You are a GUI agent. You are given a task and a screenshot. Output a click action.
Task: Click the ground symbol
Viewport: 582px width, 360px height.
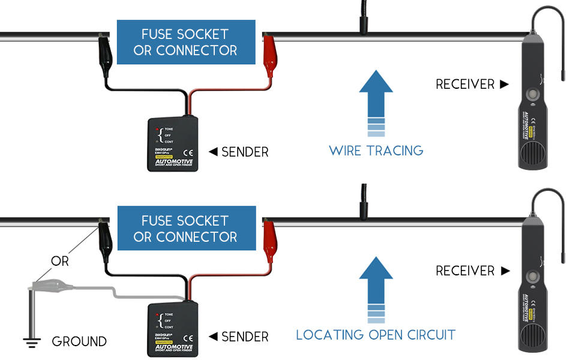coord(32,343)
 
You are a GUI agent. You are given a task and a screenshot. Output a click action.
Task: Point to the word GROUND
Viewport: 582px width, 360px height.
coord(79,342)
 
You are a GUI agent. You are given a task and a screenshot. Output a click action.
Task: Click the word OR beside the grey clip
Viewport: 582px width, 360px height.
coord(60,262)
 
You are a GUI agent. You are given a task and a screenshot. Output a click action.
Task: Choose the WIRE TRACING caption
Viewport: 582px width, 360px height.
coord(376,151)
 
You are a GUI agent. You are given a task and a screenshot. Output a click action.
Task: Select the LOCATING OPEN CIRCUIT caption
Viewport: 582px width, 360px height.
coord(376,335)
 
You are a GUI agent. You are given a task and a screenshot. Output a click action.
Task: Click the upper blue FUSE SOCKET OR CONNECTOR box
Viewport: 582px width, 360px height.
coord(185,42)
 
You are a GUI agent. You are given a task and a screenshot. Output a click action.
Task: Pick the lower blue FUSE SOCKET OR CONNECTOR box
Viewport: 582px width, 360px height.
coord(186,229)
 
